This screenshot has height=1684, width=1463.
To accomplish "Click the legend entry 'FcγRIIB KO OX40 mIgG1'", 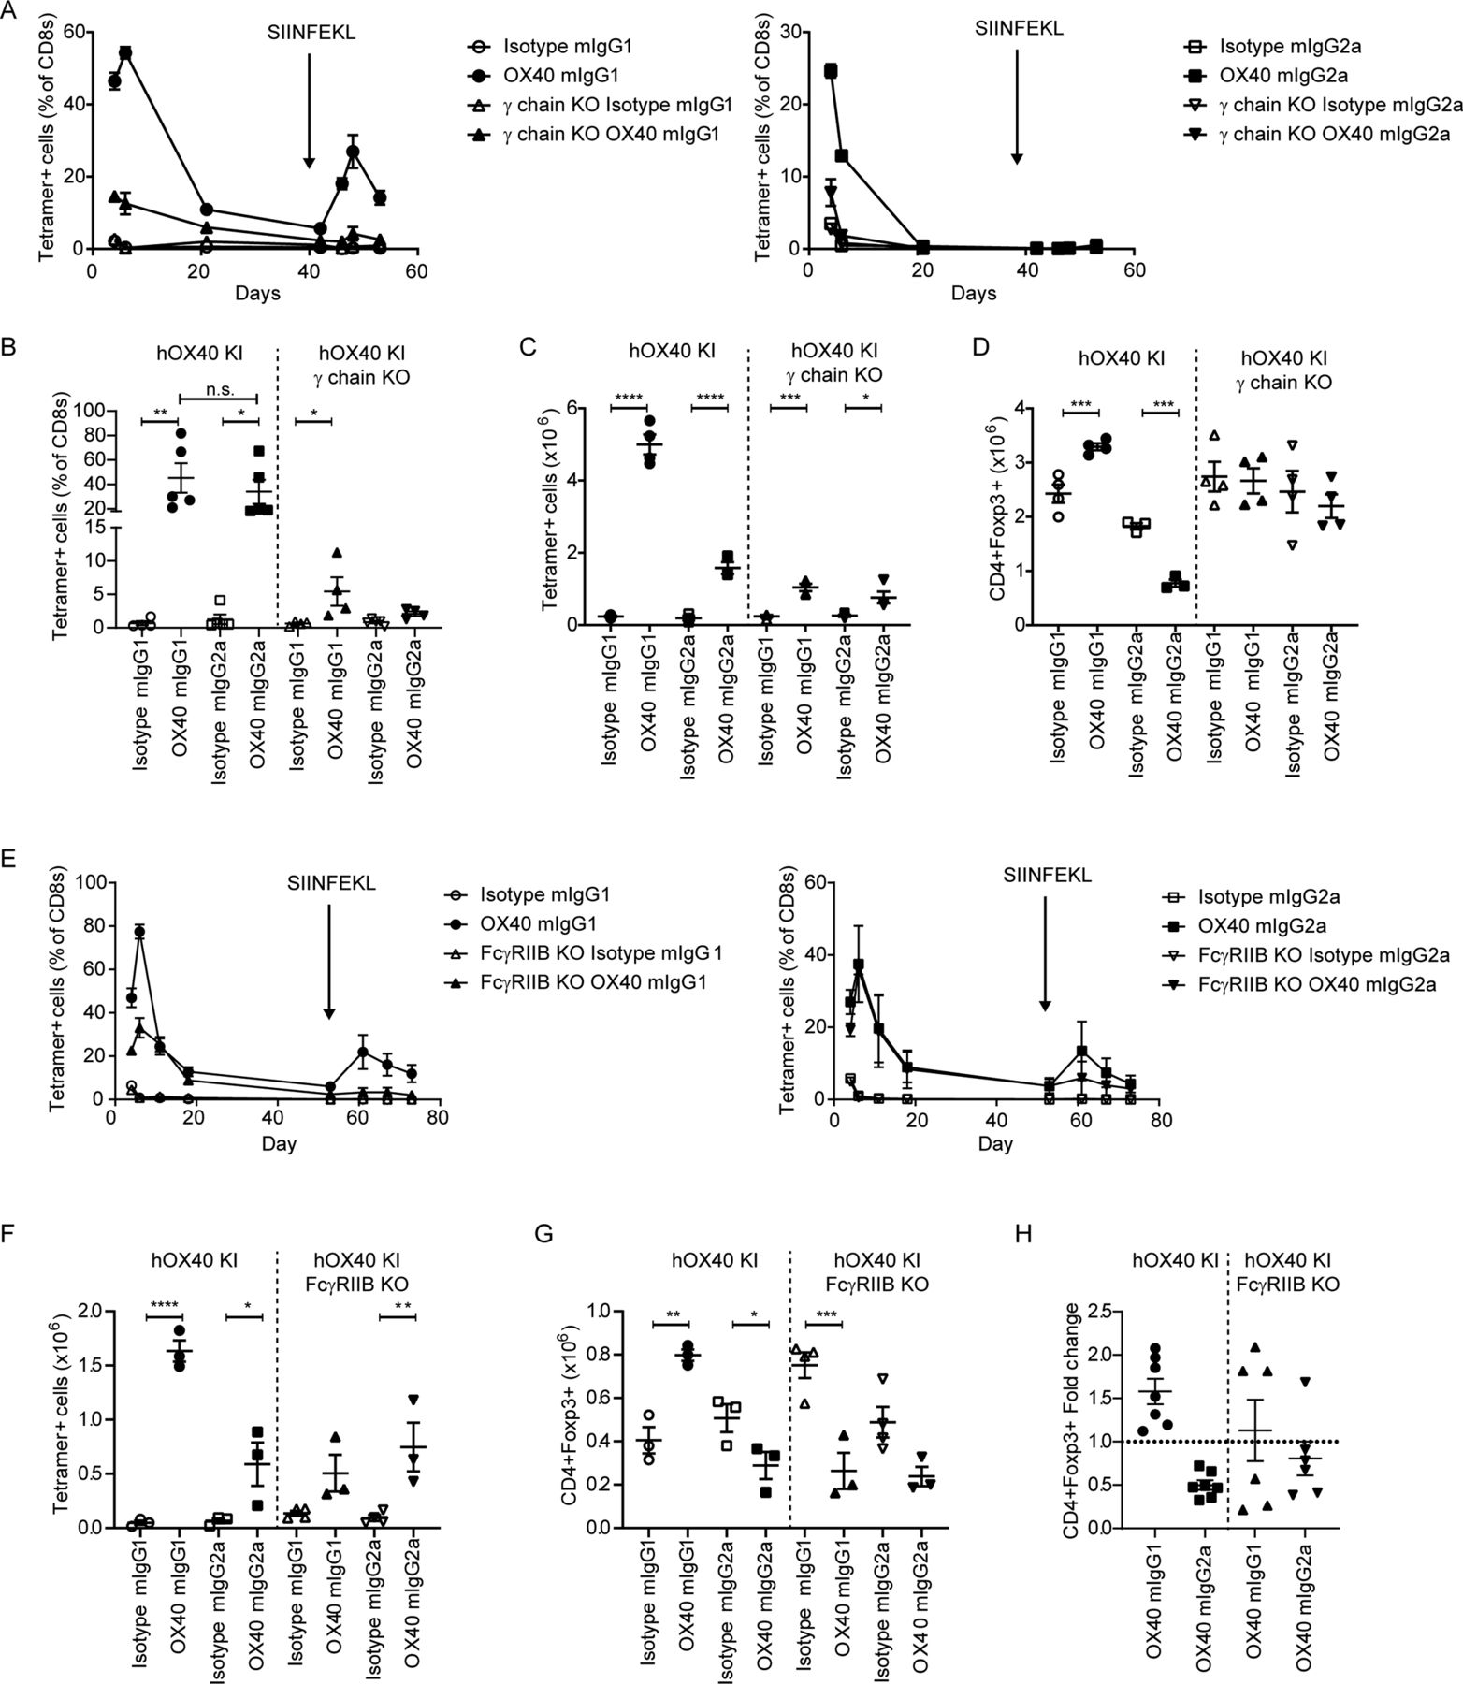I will click(x=600, y=983).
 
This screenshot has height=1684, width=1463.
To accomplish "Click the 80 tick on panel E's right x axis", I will click(x=1160, y=1119).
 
